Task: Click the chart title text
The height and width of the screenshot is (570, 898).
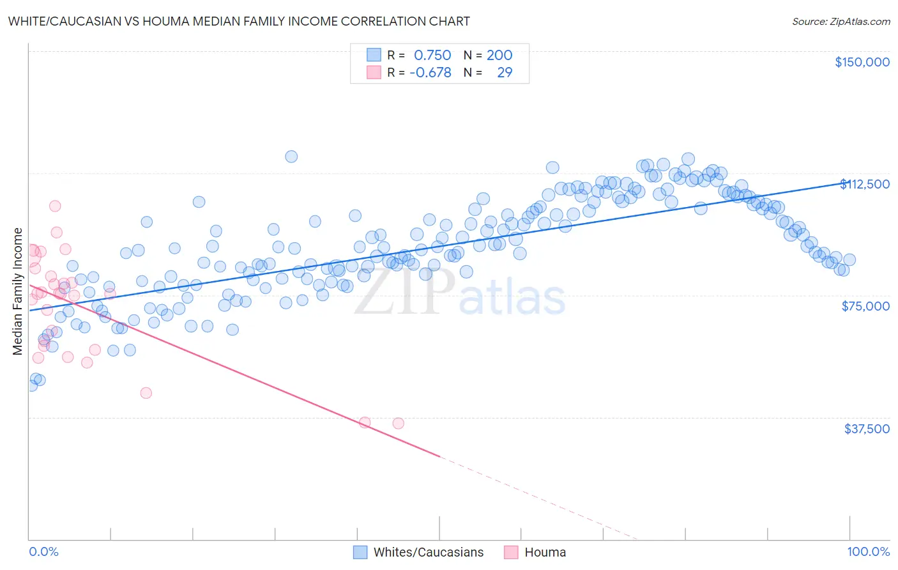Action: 239,21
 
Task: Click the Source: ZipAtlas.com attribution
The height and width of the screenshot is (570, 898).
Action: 841,21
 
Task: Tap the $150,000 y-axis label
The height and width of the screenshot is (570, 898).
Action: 862,62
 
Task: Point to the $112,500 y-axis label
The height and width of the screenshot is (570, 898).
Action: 864,184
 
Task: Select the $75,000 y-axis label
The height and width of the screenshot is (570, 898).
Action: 865,306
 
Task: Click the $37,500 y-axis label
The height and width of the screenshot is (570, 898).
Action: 867,429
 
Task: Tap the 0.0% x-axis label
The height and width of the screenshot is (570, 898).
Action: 43,552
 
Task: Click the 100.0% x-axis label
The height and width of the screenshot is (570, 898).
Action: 868,552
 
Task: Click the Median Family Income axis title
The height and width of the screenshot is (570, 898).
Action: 18,291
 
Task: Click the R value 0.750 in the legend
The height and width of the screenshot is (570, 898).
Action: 432,56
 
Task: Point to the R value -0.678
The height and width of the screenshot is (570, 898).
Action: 430,73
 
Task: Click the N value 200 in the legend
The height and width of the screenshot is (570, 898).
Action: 499,56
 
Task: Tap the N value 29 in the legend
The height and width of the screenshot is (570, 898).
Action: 505,73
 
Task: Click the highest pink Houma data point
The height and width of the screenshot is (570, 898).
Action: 55,206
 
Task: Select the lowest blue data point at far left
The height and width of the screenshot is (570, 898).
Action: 31,385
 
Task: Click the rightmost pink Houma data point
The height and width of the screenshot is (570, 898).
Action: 398,423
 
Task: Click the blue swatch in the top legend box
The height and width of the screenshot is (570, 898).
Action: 374,55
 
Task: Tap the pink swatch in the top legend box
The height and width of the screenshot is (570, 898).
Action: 374,72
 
